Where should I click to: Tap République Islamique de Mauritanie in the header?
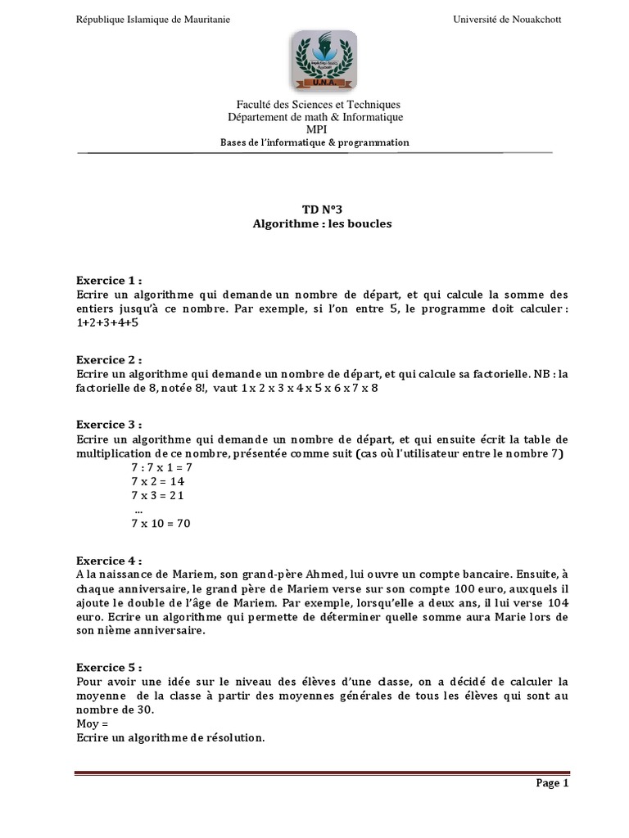(153, 20)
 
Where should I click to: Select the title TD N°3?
(315, 209)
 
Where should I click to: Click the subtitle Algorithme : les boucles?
(315, 223)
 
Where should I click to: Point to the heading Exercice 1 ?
(110, 280)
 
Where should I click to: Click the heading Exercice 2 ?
(110, 359)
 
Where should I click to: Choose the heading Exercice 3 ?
(110, 425)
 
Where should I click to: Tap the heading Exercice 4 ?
(110, 561)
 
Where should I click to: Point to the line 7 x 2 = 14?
(158, 482)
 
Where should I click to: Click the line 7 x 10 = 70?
(161, 524)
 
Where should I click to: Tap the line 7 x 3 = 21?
(158, 496)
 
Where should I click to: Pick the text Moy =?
(92, 724)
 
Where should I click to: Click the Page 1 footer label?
(552, 783)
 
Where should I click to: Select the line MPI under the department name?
(315, 129)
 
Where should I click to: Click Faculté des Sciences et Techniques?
(315, 105)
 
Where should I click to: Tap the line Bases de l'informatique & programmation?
(315, 142)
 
